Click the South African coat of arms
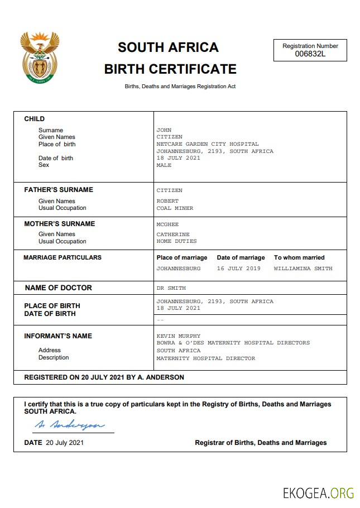(39, 57)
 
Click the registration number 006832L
(310, 54)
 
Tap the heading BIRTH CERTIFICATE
(170, 69)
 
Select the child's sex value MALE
(164, 165)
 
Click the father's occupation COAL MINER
(175, 208)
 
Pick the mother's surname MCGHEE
(167, 224)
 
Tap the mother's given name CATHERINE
(173, 234)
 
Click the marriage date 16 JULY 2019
(238, 269)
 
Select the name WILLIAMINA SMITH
(303, 269)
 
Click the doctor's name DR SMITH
(171, 288)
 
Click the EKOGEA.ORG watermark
(318, 493)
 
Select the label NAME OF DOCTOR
(59, 288)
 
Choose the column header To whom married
(299, 257)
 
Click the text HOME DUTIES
(176, 241)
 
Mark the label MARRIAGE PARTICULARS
(63, 257)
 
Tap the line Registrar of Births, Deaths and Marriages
(261, 443)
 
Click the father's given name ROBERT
(167, 201)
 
